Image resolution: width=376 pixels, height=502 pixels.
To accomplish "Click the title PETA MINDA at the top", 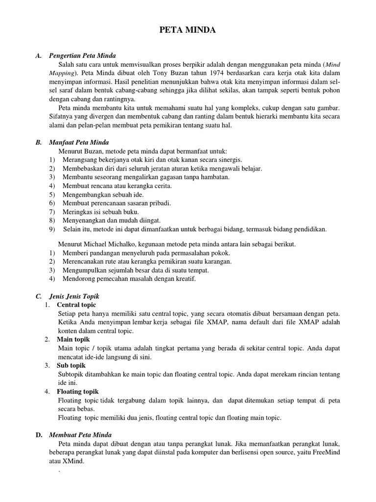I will (188, 31).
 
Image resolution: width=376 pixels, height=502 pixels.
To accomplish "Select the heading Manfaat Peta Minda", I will (79, 142).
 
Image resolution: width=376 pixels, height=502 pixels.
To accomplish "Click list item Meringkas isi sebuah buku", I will (101, 211).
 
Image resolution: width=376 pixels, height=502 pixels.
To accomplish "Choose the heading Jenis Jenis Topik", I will (74, 297).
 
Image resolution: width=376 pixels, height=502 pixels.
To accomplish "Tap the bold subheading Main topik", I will (73, 339).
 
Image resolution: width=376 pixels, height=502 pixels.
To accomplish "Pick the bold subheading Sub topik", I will (71, 366).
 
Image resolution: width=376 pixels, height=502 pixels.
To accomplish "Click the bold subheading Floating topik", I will (78, 391).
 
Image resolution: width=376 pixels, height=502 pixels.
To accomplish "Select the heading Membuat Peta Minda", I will (80, 435).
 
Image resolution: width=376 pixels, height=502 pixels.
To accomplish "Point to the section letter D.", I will (38, 435).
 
